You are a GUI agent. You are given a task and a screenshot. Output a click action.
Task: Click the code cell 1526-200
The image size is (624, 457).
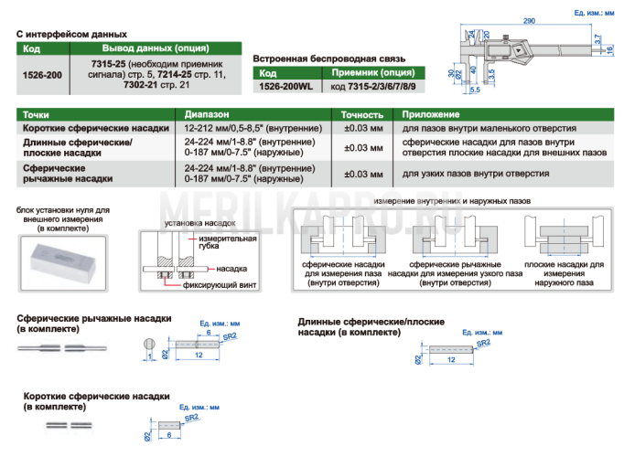pyautogui.click(x=42, y=75)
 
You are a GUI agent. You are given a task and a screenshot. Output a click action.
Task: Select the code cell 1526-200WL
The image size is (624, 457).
pyautogui.click(x=285, y=86)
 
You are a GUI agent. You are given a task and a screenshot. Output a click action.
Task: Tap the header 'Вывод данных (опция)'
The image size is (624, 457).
pyautogui.click(x=156, y=48)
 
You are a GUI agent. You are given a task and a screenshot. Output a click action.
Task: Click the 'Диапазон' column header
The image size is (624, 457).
pyautogui.click(x=207, y=114)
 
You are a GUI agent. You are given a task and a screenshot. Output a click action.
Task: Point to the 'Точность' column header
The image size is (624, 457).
pyautogui.click(x=362, y=115)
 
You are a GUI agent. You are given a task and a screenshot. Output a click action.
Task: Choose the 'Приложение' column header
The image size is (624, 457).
pyautogui.click(x=431, y=114)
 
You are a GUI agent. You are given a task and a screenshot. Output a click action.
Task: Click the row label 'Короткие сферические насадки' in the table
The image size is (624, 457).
pyautogui.click(x=96, y=128)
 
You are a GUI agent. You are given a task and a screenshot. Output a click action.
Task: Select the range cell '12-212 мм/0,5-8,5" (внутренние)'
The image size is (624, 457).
pyautogui.click(x=253, y=128)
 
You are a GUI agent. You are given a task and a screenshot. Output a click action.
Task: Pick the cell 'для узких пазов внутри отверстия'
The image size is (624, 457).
pyautogui.click(x=476, y=174)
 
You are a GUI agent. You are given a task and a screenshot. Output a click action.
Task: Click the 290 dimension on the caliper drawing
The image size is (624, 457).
pyautogui.click(x=529, y=21)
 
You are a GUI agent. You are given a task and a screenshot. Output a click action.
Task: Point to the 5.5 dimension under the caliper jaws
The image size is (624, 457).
pyautogui.click(x=475, y=90)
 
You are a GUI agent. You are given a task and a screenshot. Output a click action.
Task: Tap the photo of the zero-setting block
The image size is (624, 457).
pyautogui.click(x=63, y=263)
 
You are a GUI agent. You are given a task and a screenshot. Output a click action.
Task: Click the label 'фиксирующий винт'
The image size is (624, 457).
pyautogui.click(x=220, y=285)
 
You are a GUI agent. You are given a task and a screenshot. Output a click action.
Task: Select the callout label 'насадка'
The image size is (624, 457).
pyautogui.click(x=231, y=269)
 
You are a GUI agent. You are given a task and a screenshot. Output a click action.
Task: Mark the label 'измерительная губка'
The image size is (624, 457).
pyautogui.click(x=227, y=242)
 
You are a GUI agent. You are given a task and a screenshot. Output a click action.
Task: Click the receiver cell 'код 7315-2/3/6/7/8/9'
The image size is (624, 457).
pyautogui.click(x=373, y=86)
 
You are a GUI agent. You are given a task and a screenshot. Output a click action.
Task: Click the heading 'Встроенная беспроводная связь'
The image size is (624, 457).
pyautogui.click(x=329, y=58)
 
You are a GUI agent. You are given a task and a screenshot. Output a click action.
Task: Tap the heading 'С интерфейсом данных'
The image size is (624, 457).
pyautogui.click(x=71, y=34)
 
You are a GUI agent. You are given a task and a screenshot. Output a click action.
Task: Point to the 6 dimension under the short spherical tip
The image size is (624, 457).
pyautogui.click(x=169, y=435)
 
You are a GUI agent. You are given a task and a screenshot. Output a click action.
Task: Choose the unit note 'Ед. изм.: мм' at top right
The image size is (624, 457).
pyautogui.click(x=594, y=13)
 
